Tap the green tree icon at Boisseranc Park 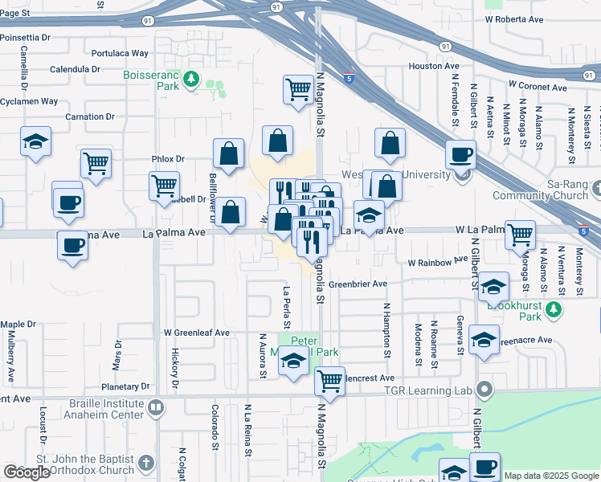191,78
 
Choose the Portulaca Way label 121,53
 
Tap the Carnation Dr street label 90,116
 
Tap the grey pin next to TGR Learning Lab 484,390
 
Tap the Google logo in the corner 27,472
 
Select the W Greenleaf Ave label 197,332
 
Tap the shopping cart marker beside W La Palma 520,234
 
